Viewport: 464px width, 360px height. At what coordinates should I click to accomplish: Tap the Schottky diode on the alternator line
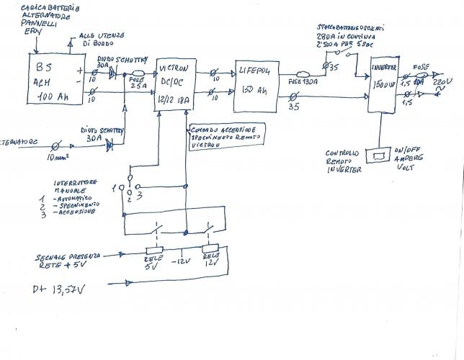click(110, 145)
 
